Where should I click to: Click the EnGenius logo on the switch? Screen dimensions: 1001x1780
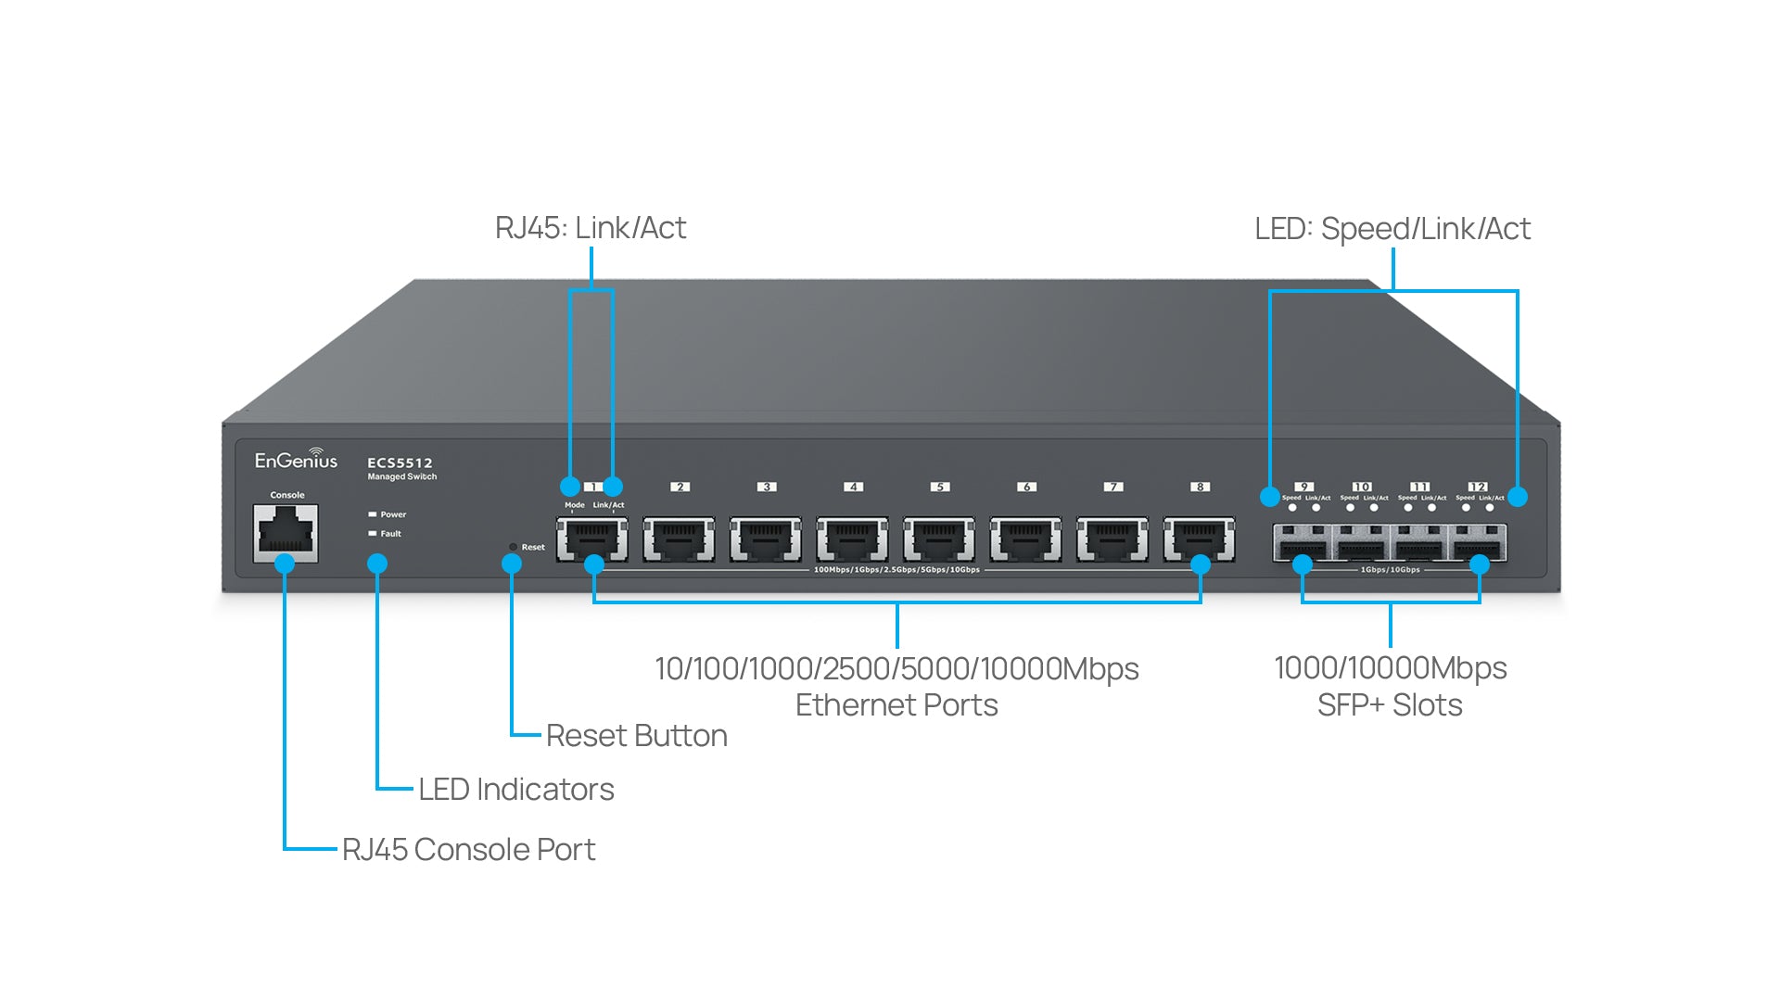tap(296, 459)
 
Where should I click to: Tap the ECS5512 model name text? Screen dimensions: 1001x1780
tap(400, 462)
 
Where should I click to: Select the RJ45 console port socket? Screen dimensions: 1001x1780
tap(286, 533)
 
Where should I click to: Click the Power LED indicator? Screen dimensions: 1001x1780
tap(373, 514)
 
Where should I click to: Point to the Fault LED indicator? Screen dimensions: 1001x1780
tap(373, 534)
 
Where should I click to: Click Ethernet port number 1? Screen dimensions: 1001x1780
tap(591, 539)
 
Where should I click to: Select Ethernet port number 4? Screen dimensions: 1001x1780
tap(852, 539)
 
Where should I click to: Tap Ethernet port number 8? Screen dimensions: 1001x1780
tap(1199, 539)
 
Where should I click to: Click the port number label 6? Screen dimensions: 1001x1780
tap(1026, 487)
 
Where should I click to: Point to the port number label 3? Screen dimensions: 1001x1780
tap(766, 487)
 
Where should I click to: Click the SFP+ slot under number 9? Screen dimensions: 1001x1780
tap(1303, 541)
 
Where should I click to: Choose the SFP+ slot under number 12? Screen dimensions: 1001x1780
tap(1478, 541)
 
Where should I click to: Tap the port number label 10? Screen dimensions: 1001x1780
tap(1362, 487)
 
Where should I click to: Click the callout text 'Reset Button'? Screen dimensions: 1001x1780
tap(636, 736)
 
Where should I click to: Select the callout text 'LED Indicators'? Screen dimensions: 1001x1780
tap(515, 790)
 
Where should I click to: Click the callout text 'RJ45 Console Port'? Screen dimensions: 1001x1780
tap(468, 850)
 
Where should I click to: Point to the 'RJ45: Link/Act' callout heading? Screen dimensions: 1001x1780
tap(591, 228)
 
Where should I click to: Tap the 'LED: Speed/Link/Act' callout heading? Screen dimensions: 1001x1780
tap(1392, 229)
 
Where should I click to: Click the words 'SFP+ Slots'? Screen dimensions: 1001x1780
tap(1390, 705)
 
